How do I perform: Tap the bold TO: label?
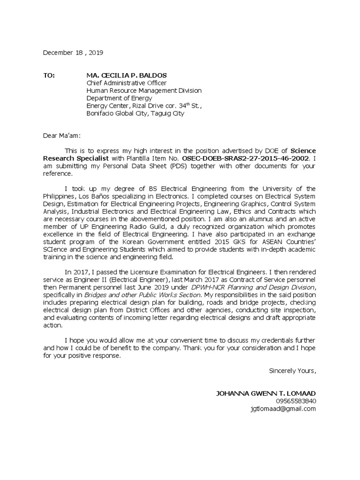[49, 75]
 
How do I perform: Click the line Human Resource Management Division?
[144, 90]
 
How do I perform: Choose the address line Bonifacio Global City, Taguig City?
[135, 113]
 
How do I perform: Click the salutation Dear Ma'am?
[62, 135]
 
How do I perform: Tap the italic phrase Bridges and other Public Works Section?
[142, 294]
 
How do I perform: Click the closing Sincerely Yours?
[292, 371]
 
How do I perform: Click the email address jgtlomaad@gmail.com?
[283, 408]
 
